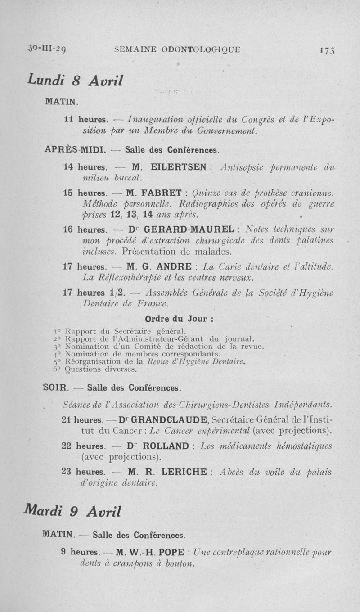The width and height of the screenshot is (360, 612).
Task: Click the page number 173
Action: [327, 50]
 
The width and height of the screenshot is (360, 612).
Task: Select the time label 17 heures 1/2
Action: [93, 292]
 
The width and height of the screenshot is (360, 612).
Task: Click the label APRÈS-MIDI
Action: [75, 149]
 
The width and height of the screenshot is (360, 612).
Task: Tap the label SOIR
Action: [56, 387]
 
